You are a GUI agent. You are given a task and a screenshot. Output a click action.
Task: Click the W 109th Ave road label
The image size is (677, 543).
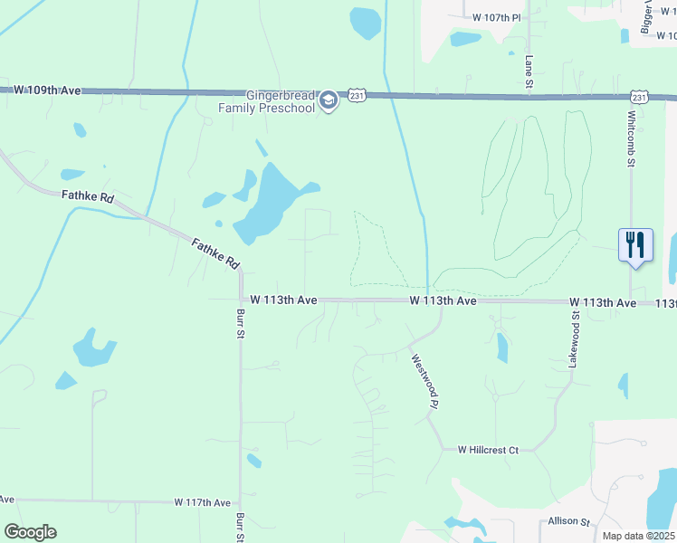48,90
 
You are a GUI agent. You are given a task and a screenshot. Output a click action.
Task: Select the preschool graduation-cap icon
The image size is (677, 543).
329,100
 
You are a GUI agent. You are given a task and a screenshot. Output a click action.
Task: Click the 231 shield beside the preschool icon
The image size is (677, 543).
358,95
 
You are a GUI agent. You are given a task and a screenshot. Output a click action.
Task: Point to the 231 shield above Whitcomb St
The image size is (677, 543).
640,97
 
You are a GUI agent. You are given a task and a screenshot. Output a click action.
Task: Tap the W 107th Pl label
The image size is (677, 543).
497,17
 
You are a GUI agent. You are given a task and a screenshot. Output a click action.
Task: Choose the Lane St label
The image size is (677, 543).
529,71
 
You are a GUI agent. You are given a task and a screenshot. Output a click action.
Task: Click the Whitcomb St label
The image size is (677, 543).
633,139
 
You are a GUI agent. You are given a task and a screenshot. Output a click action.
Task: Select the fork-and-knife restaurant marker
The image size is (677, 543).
635,244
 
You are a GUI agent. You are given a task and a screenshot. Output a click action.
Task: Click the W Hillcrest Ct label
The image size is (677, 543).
488,450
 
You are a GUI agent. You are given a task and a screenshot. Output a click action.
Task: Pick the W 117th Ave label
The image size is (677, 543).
203,502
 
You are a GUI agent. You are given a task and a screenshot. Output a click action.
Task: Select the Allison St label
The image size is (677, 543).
568,522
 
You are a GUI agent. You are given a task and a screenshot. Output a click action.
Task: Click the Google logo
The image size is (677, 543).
30,532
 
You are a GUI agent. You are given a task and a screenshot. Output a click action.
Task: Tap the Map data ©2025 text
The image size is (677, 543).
637,536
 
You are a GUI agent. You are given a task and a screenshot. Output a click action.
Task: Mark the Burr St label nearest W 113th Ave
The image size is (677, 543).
241,324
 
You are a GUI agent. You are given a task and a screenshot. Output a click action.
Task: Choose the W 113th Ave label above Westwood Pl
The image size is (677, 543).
443,300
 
